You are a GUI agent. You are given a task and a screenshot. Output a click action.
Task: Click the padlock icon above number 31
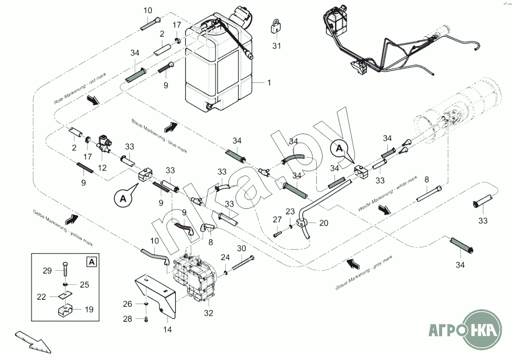(x=276, y=27)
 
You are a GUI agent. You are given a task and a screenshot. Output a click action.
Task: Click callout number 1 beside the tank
(x=268, y=83)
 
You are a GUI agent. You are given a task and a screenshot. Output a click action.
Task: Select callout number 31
(x=277, y=46)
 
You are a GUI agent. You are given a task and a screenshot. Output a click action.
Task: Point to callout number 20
(x=323, y=223)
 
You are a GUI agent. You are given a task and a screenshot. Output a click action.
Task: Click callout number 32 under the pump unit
(x=209, y=313)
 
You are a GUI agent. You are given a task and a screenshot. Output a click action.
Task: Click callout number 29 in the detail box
(x=46, y=270)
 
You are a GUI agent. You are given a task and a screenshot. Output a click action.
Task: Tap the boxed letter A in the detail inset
(x=91, y=262)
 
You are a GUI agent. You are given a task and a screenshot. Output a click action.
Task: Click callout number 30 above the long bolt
(x=241, y=249)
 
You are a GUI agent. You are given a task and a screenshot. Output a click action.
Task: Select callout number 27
(x=277, y=219)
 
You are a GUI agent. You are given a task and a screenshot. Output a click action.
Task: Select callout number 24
(x=225, y=257)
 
